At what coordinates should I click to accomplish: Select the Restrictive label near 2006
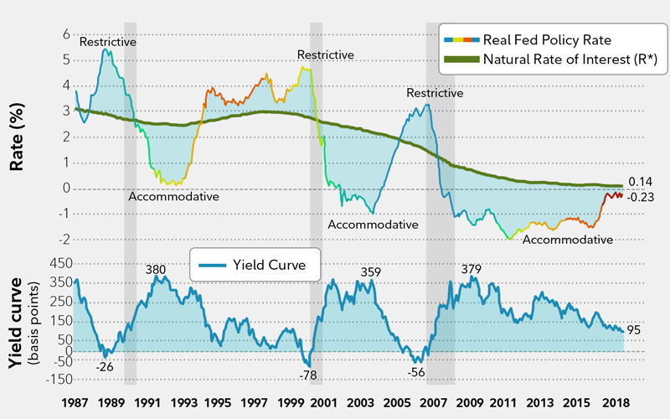[435, 93]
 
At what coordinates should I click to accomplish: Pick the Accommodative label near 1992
[173, 197]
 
